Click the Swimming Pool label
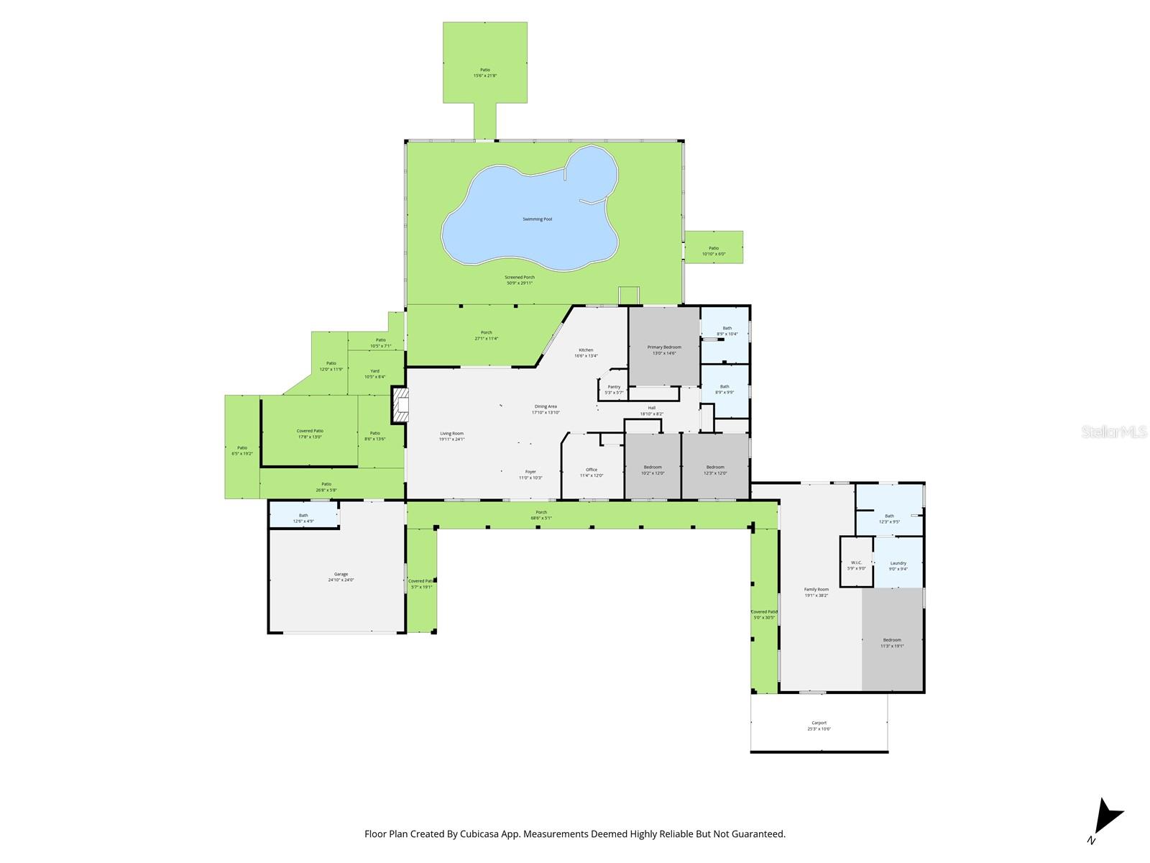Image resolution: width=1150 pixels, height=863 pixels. tap(537, 219)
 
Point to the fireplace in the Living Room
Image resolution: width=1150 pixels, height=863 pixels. tap(400, 405)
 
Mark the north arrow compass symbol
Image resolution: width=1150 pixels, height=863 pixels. tap(1106, 818)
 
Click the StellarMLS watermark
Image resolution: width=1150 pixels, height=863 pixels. tap(1113, 431)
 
